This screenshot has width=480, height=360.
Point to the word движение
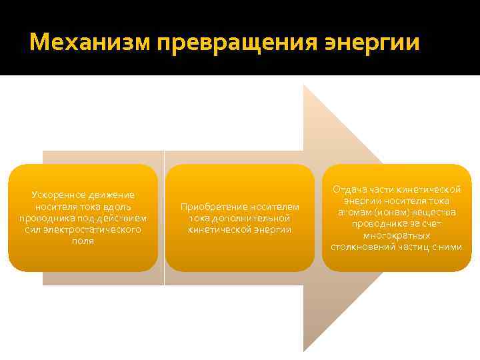click(111, 195)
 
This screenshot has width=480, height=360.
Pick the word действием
click(125, 218)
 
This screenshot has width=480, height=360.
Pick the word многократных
click(397, 235)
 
